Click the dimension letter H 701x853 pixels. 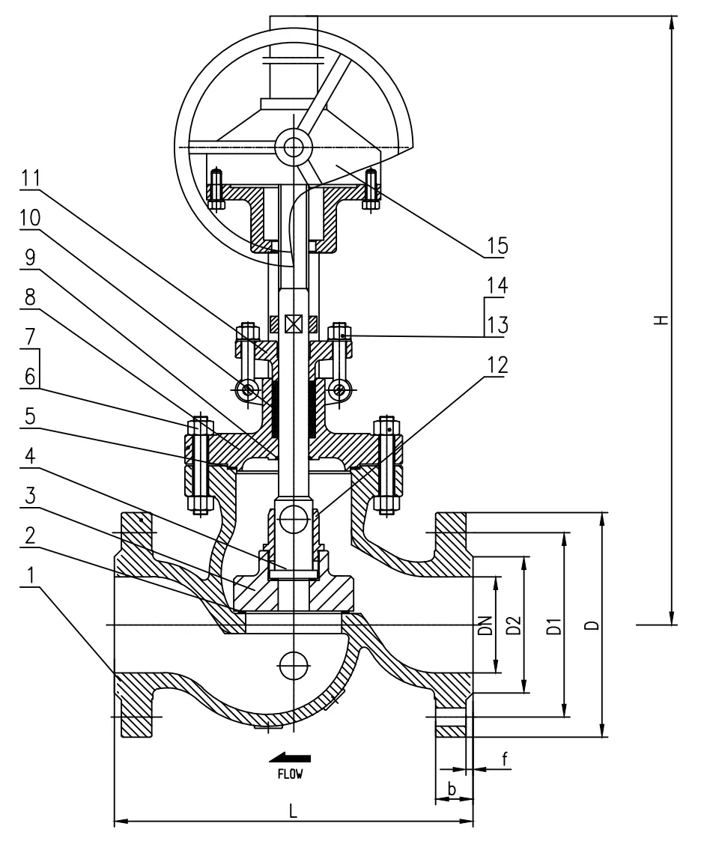pyautogui.click(x=660, y=321)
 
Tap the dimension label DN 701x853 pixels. pyautogui.click(x=485, y=625)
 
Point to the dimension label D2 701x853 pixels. pyautogui.click(x=514, y=625)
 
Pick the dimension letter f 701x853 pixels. pyautogui.click(x=504, y=759)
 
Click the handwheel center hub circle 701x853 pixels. pyautogui.click(x=293, y=147)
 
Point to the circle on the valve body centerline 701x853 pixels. pyautogui.click(x=293, y=661)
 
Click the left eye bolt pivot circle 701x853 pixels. pyautogui.click(x=246, y=389)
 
